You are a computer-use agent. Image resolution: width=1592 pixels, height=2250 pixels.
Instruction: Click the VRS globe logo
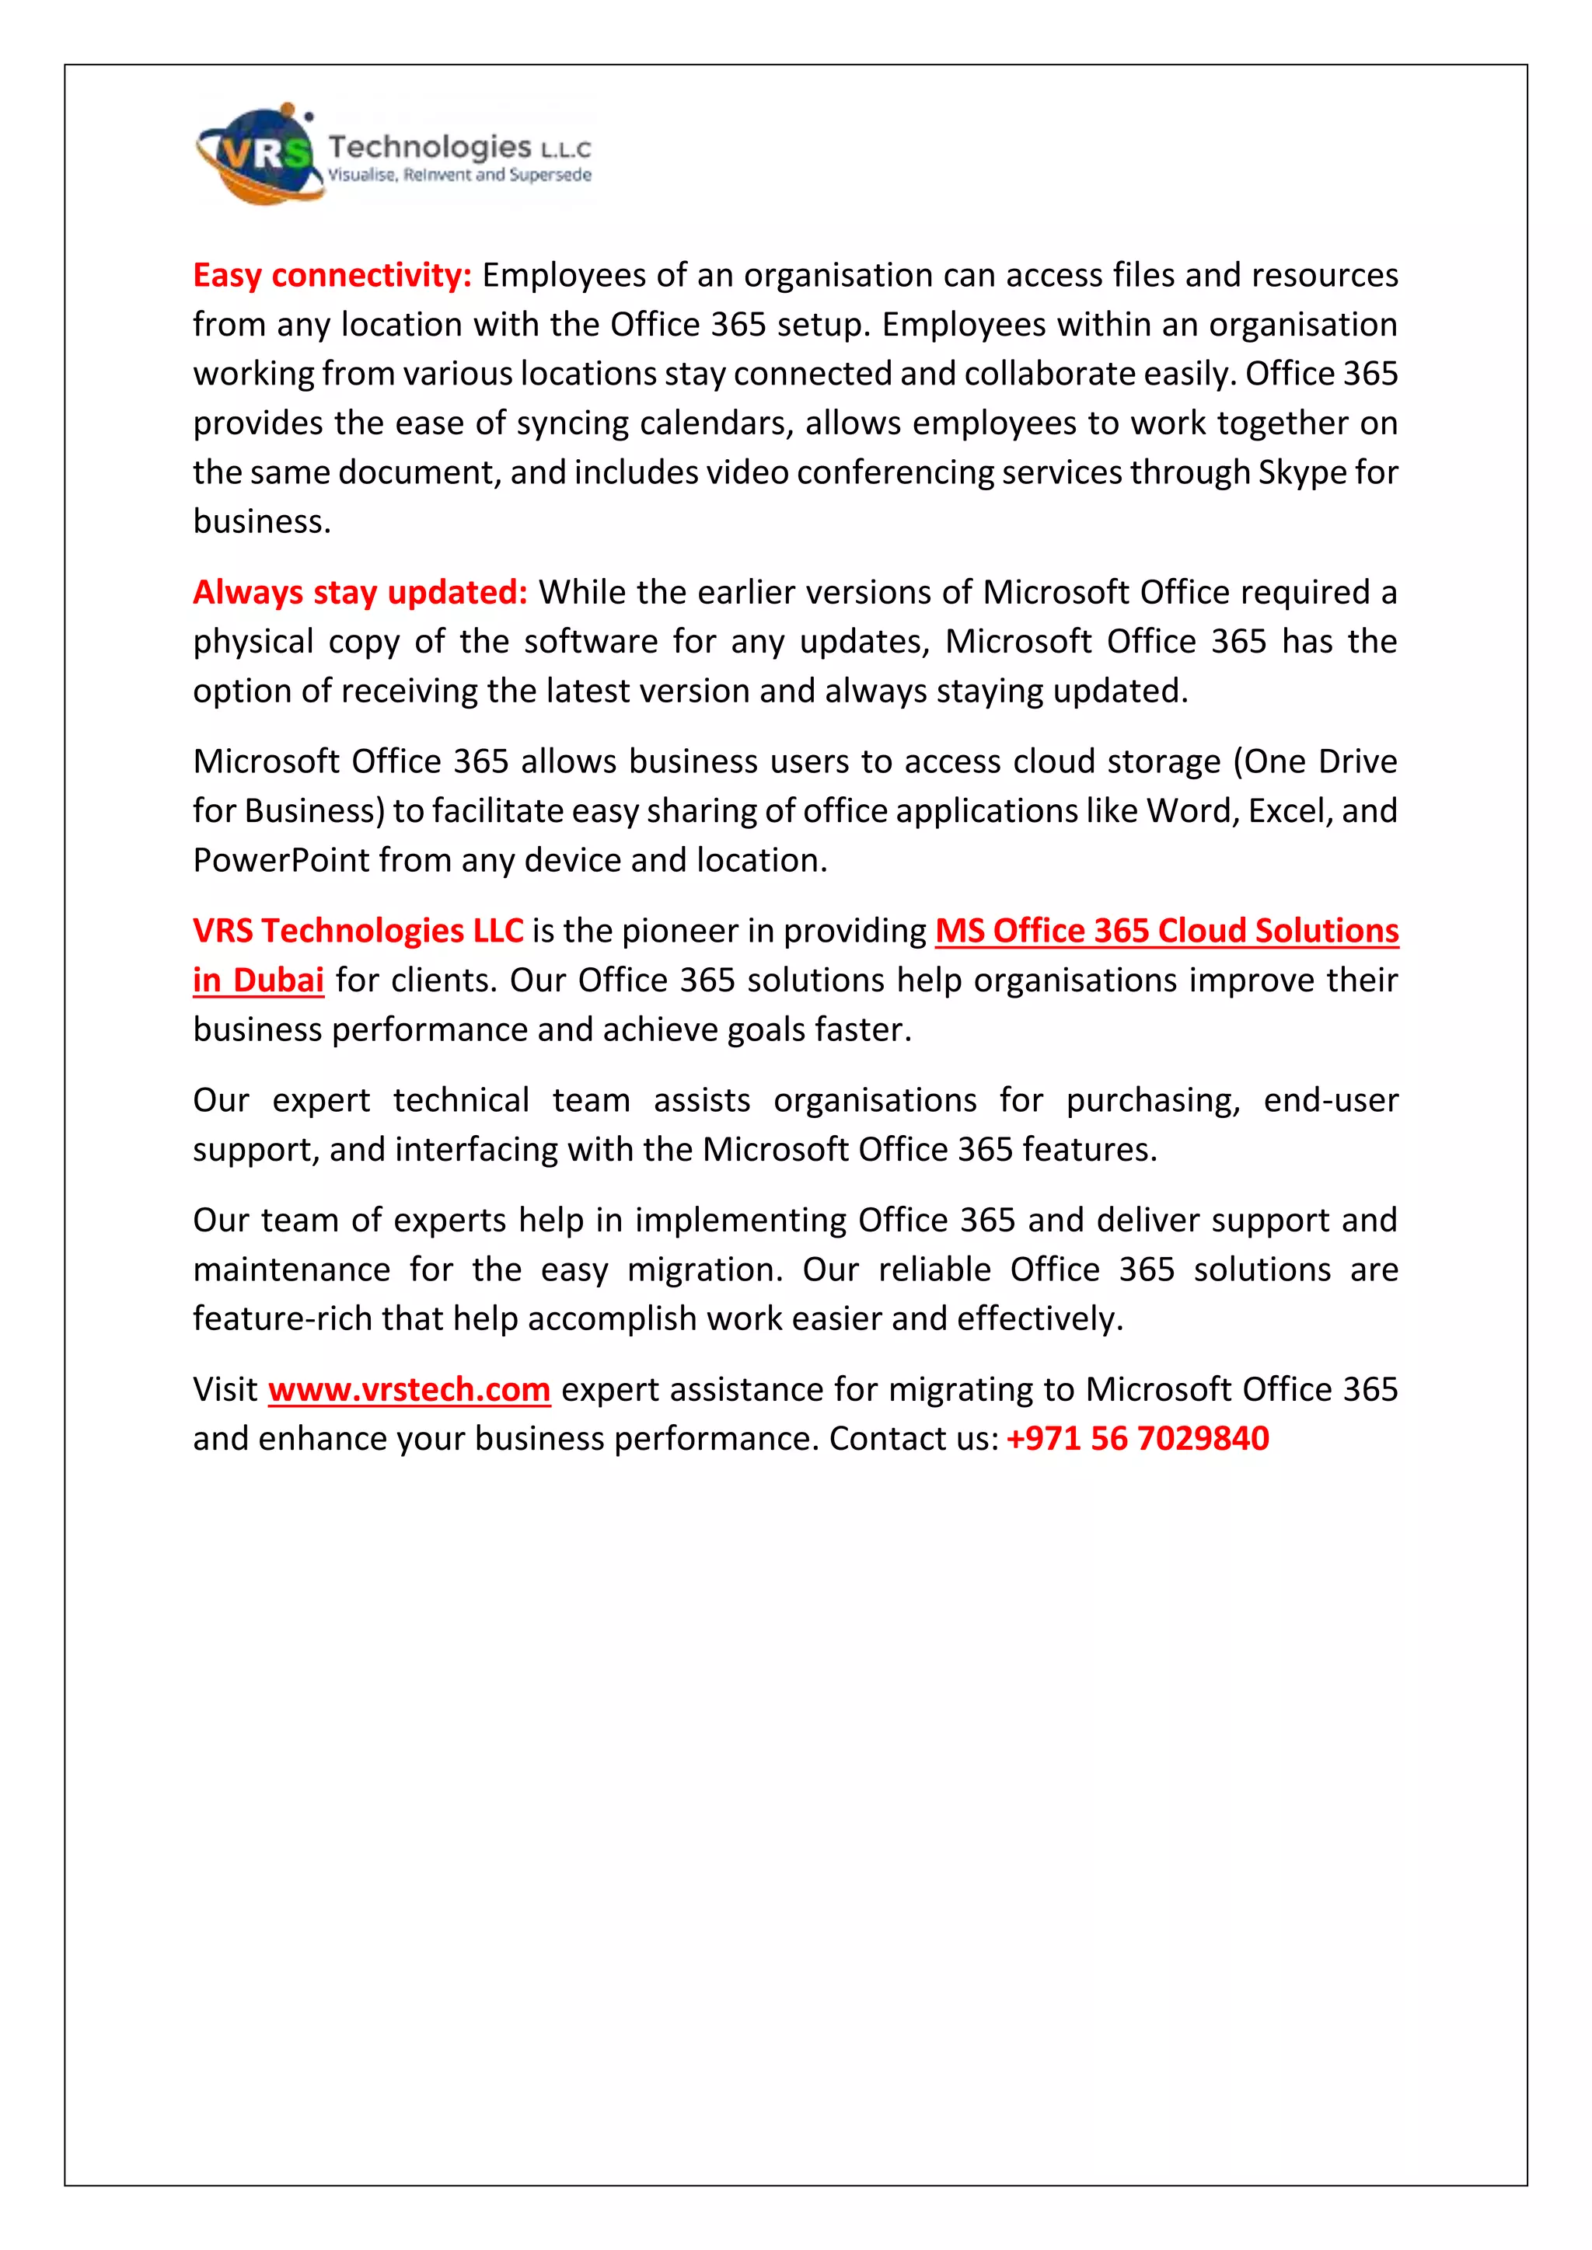257,155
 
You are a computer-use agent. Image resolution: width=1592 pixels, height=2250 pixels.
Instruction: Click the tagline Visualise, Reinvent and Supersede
459,176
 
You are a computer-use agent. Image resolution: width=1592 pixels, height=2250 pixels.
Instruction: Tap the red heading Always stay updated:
360,592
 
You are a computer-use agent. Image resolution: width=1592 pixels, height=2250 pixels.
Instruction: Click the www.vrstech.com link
409,1390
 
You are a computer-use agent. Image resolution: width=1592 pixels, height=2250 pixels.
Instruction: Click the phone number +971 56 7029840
1137,1439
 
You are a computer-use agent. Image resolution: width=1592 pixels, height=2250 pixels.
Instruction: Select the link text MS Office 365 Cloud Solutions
1167,931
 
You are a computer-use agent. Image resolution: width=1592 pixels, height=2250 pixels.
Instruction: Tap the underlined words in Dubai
258,980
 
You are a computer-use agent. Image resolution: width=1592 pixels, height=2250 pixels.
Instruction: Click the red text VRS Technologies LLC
358,931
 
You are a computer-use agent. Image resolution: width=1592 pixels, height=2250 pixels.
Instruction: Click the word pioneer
679,931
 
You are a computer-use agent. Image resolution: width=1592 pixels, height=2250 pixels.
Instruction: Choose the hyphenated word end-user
1329,1100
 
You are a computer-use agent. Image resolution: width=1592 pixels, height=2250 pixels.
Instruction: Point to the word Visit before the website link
225,1390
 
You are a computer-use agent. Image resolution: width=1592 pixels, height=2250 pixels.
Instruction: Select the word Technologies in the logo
429,147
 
